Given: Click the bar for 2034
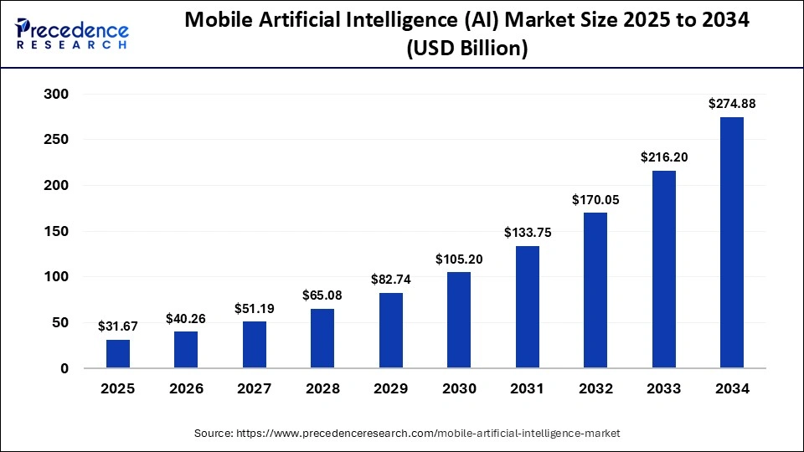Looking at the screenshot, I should click(731, 243).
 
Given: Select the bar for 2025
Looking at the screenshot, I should click(118, 353).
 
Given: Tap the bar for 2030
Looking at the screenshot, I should click(459, 320).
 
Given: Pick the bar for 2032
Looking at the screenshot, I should click(595, 290).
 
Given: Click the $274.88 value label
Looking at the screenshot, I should click(731, 104).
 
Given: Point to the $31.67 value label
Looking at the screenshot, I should click(118, 326).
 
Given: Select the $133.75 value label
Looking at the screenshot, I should click(527, 233).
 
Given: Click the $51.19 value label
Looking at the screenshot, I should click(255, 308).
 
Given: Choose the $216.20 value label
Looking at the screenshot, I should click(663, 157).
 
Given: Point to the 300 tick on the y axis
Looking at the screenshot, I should click(56, 94).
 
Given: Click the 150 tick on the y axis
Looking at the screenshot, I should click(56, 231).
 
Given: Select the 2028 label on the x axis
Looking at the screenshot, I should click(322, 389).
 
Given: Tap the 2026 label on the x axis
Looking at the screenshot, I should click(186, 389).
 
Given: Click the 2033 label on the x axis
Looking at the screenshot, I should click(663, 389).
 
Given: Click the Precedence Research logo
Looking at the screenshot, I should click(72, 33).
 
